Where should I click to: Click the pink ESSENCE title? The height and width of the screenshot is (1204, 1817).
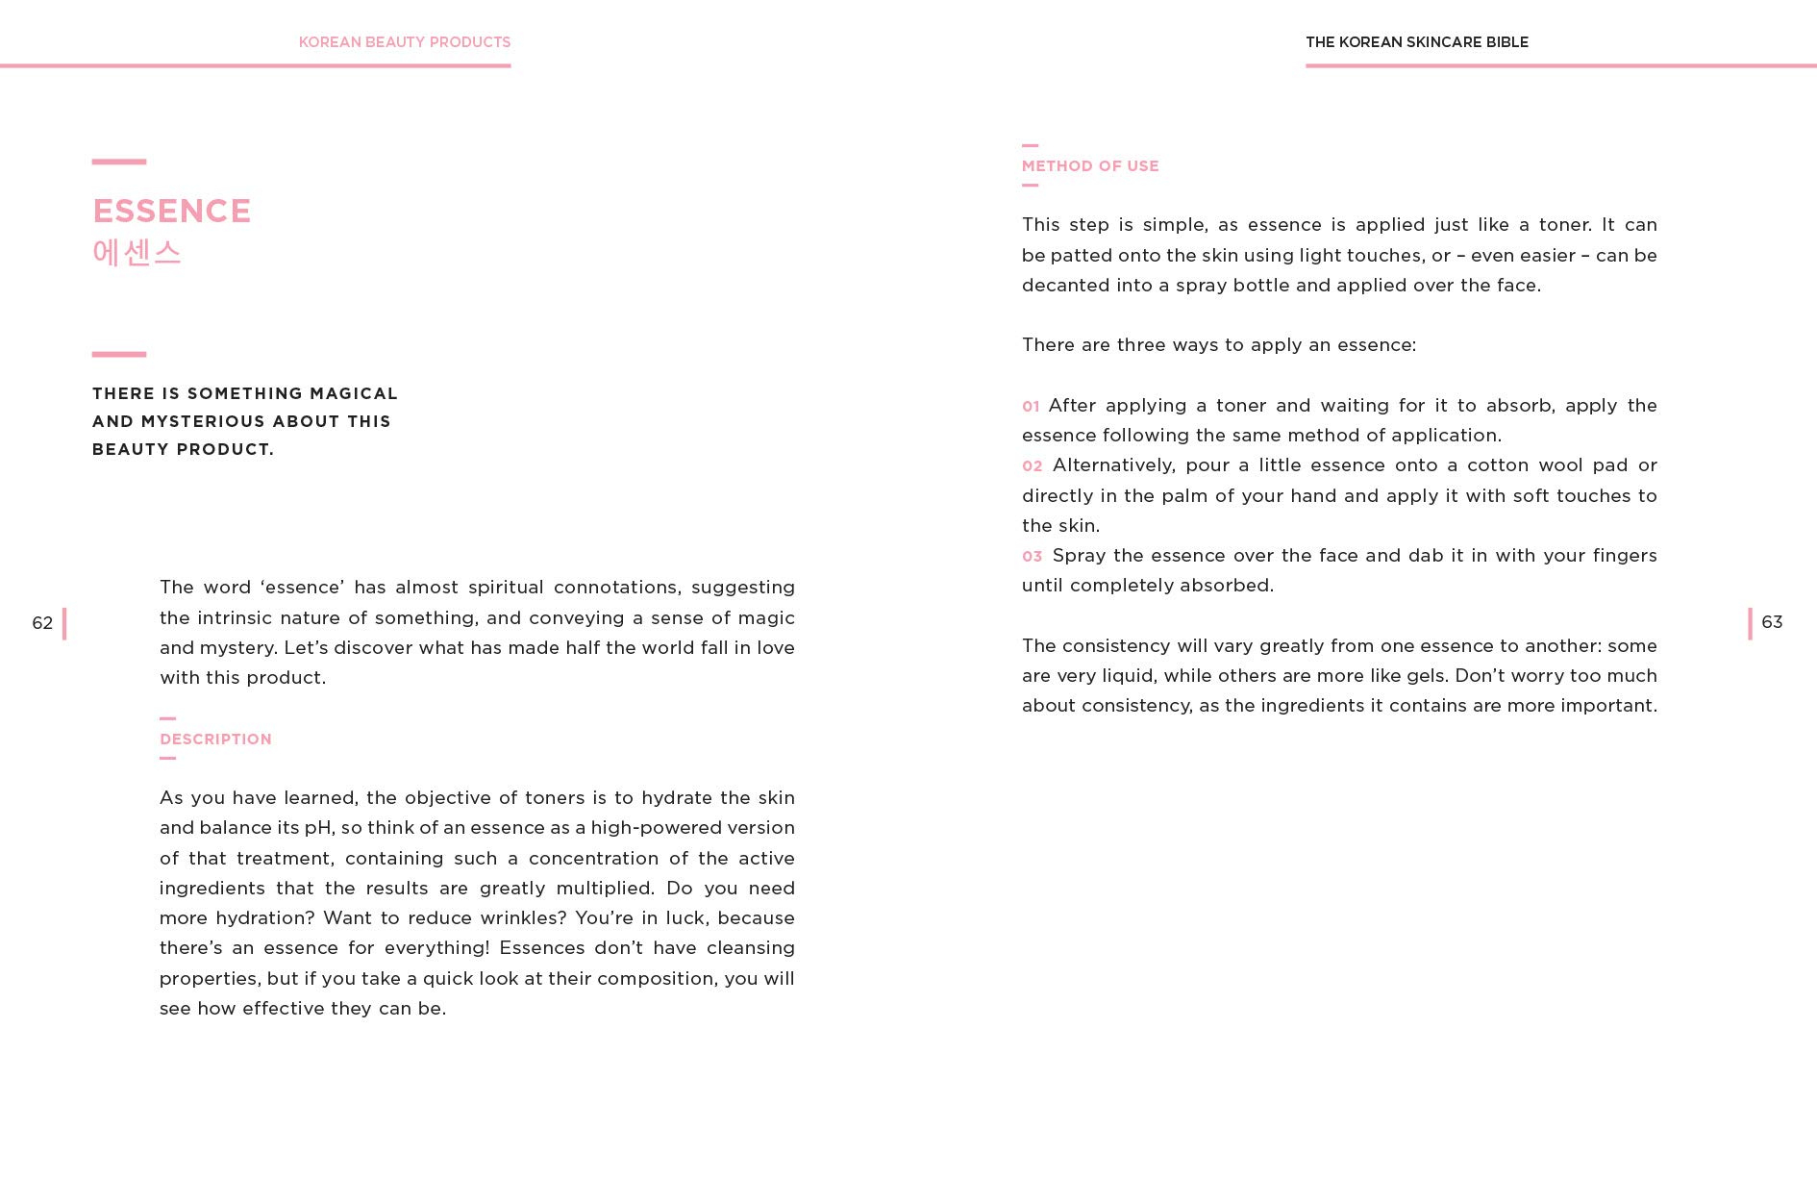tap(171, 211)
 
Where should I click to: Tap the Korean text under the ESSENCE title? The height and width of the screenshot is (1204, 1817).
tap(137, 252)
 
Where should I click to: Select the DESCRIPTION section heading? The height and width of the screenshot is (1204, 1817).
tap(215, 739)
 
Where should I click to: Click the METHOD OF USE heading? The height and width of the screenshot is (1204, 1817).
tap(1090, 165)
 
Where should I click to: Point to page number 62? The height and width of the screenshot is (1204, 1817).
tap(42, 623)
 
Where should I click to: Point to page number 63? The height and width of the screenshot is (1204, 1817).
tap(1772, 622)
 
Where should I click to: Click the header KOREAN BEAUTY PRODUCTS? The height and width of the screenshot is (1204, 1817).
tap(404, 42)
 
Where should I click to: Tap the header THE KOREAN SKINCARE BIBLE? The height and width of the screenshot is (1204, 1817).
tap(1416, 42)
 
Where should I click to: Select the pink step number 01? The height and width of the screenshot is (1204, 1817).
tap(1031, 407)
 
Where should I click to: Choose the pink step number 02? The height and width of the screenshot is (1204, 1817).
tap(1032, 466)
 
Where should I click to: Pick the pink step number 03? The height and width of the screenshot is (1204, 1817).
tap(1032, 557)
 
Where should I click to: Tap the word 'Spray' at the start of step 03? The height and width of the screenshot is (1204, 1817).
tap(1079, 556)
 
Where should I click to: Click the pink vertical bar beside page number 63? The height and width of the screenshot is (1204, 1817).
tap(1750, 623)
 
